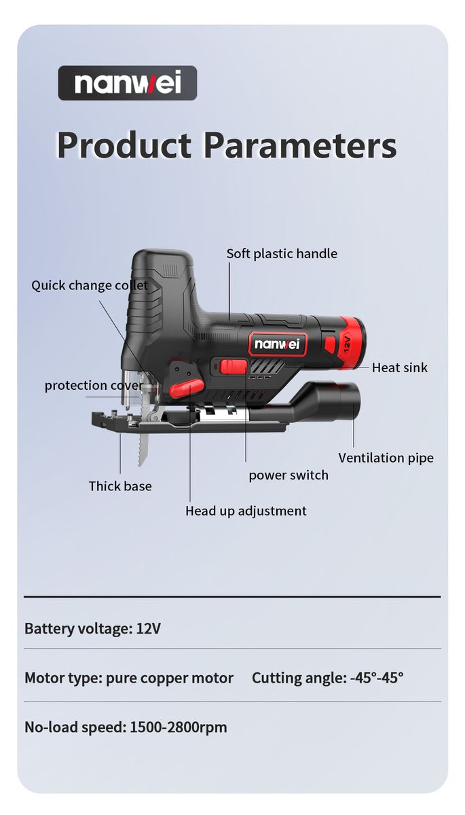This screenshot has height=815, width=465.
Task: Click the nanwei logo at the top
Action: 128,83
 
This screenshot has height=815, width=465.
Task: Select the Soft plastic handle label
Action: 282,253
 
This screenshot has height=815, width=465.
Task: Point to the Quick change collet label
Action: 89,285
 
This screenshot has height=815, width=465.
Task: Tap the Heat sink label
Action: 400,367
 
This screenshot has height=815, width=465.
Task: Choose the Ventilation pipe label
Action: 386,458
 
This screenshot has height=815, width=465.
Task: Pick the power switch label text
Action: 289,475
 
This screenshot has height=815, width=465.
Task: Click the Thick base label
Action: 120,486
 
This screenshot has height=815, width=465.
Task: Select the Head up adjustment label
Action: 246,511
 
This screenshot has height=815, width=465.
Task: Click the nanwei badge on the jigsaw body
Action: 278,344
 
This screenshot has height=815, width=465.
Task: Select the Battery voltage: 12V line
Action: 92,628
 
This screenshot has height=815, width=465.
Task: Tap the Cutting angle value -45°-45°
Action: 377,678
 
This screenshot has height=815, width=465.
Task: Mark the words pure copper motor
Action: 170,678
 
